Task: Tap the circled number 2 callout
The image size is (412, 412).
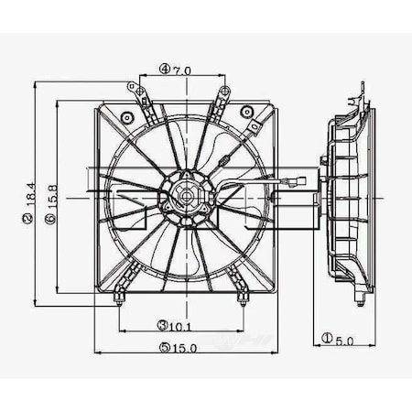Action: point(29,220)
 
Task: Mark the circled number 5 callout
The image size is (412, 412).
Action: point(163,348)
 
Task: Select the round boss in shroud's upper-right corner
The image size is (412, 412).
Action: point(245,113)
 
